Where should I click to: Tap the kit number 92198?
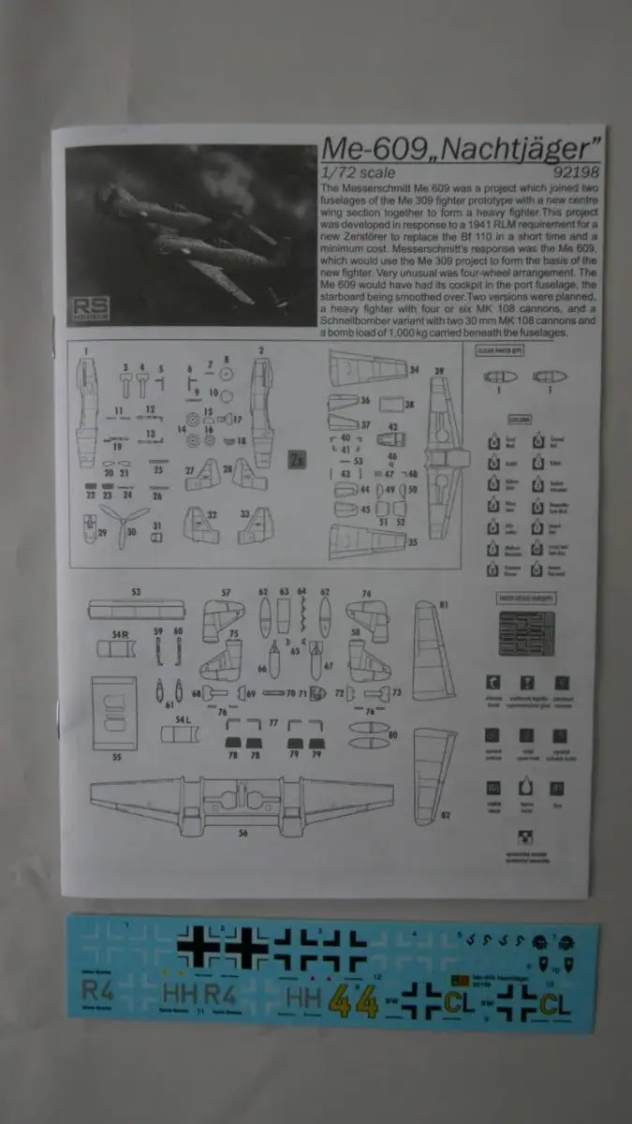[573, 172]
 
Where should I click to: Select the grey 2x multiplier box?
[297, 459]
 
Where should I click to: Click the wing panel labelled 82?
[434, 774]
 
